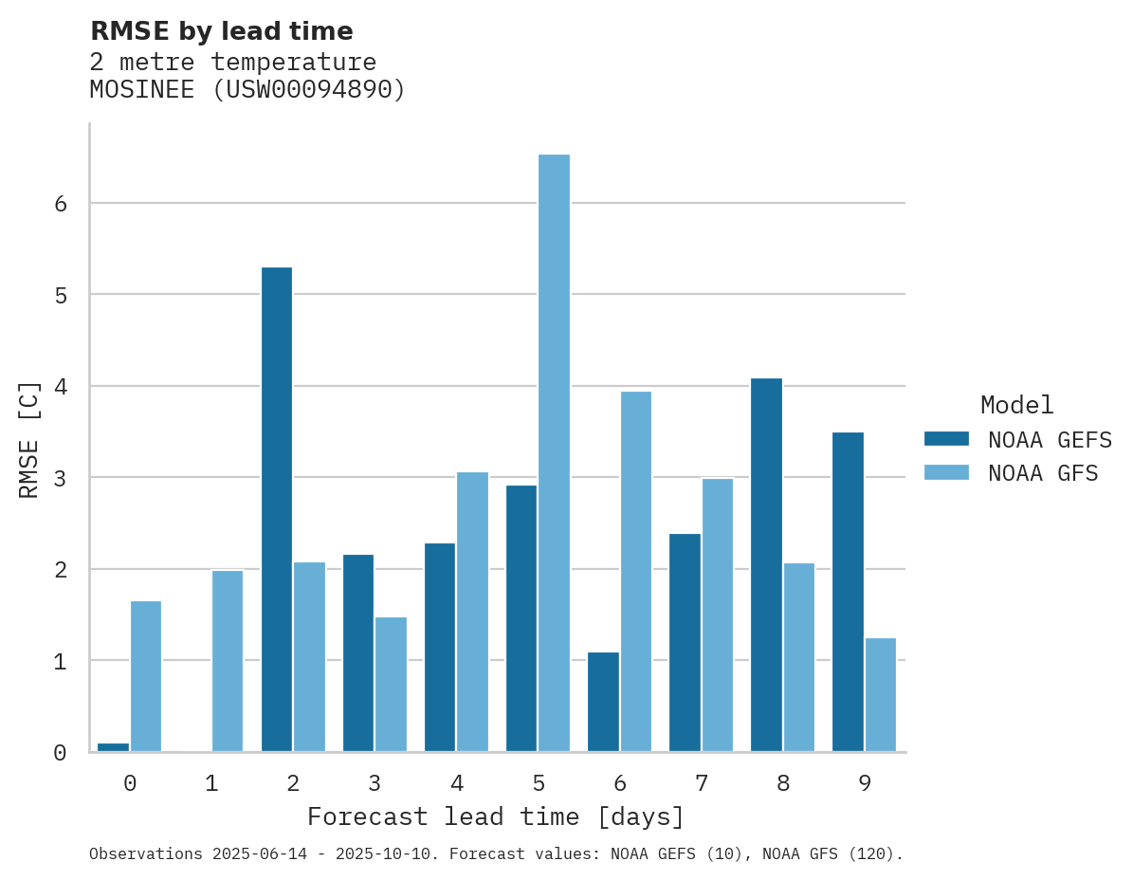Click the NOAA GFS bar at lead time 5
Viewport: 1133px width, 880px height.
pyautogui.click(x=554, y=452)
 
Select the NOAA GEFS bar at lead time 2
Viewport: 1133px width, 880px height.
pyautogui.click(x=277, y=509)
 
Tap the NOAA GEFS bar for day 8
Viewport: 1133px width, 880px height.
pyautogui.click(x=766, y=564)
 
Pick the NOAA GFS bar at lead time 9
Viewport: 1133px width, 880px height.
pyautogui.click(x=880, y=694)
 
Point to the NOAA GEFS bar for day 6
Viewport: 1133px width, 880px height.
pyautogui.click(x=603, y=702)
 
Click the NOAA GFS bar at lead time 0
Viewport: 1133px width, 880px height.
pyautogui.click(x=146, y=676)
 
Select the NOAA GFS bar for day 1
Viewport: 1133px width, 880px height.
pyautogui.click(x=228, y=660)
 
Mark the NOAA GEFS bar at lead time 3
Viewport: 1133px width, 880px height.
pyautogui.click(x=358, y=652)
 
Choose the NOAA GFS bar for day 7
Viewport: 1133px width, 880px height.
pyautogui.click(x=717, y=614)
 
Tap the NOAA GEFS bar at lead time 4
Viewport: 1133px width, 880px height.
pyautogui.click(x=440, y=647)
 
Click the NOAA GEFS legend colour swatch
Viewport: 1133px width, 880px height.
pyautogui.click(x=946, y=439)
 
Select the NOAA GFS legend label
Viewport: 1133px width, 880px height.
pyautogui.click(x=1043, y=473)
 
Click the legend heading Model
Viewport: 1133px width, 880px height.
pyautogui.click(x=1016, y=405)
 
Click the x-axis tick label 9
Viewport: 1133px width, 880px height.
pyautogui.click(x=864, y=783)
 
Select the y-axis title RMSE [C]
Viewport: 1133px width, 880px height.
pyautogui.click(x=30, y=439)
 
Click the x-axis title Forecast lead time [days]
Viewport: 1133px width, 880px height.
pyautogui.click(x=496, y=816)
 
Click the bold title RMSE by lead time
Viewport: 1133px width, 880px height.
pyautogui.click(x=221, y=31)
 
